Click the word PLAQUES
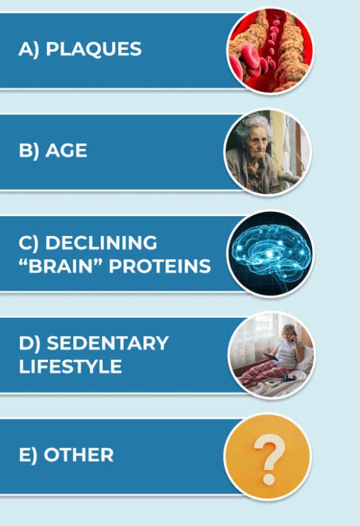point(94,49)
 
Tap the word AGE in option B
point(66,150)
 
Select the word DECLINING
point(101,243)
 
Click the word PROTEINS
point(160,266)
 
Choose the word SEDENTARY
point(107,343)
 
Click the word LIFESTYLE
point(70,366)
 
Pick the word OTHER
point(79,455)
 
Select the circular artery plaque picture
point(271,51)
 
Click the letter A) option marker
point(29,50)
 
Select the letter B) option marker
point(29,151)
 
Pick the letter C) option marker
point(29,243)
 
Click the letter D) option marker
point(30,344)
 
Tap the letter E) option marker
point(28,456)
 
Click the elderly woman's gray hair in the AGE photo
point(253,124)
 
